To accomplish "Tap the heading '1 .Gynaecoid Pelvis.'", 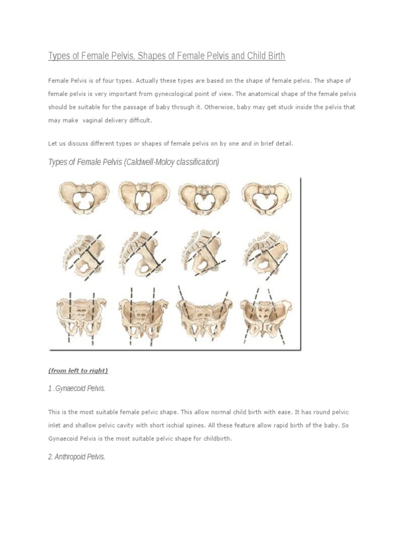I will point(77,389).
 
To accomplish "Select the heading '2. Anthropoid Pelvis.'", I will point(77,457).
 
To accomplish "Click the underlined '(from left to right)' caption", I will point(78,371).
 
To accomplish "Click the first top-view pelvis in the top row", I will point(84,198).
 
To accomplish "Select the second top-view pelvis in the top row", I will point(143,198).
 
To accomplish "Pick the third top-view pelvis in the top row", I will point(203,198).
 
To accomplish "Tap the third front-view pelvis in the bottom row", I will point(203,315).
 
